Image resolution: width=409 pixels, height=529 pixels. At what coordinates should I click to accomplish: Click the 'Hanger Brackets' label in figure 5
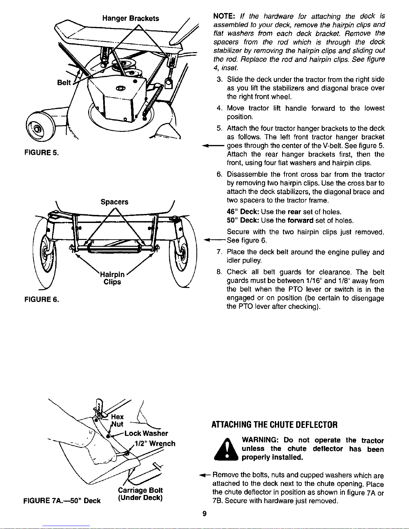[131, 18]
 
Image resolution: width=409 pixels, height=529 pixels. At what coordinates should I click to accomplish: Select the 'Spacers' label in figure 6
[114, 202]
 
